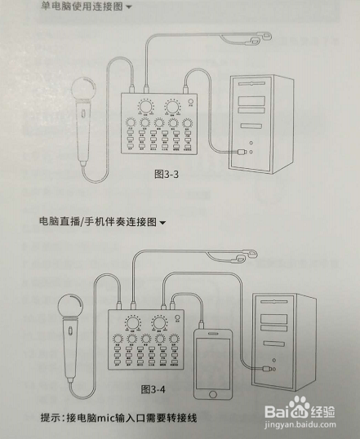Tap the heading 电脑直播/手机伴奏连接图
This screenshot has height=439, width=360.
pyautogui.click(x=97, y=222)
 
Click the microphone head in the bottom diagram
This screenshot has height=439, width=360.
pyautogui.click(x=71, y=308)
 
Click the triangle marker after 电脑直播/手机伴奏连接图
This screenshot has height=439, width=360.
pyautogui.click(x=163, y=223)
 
